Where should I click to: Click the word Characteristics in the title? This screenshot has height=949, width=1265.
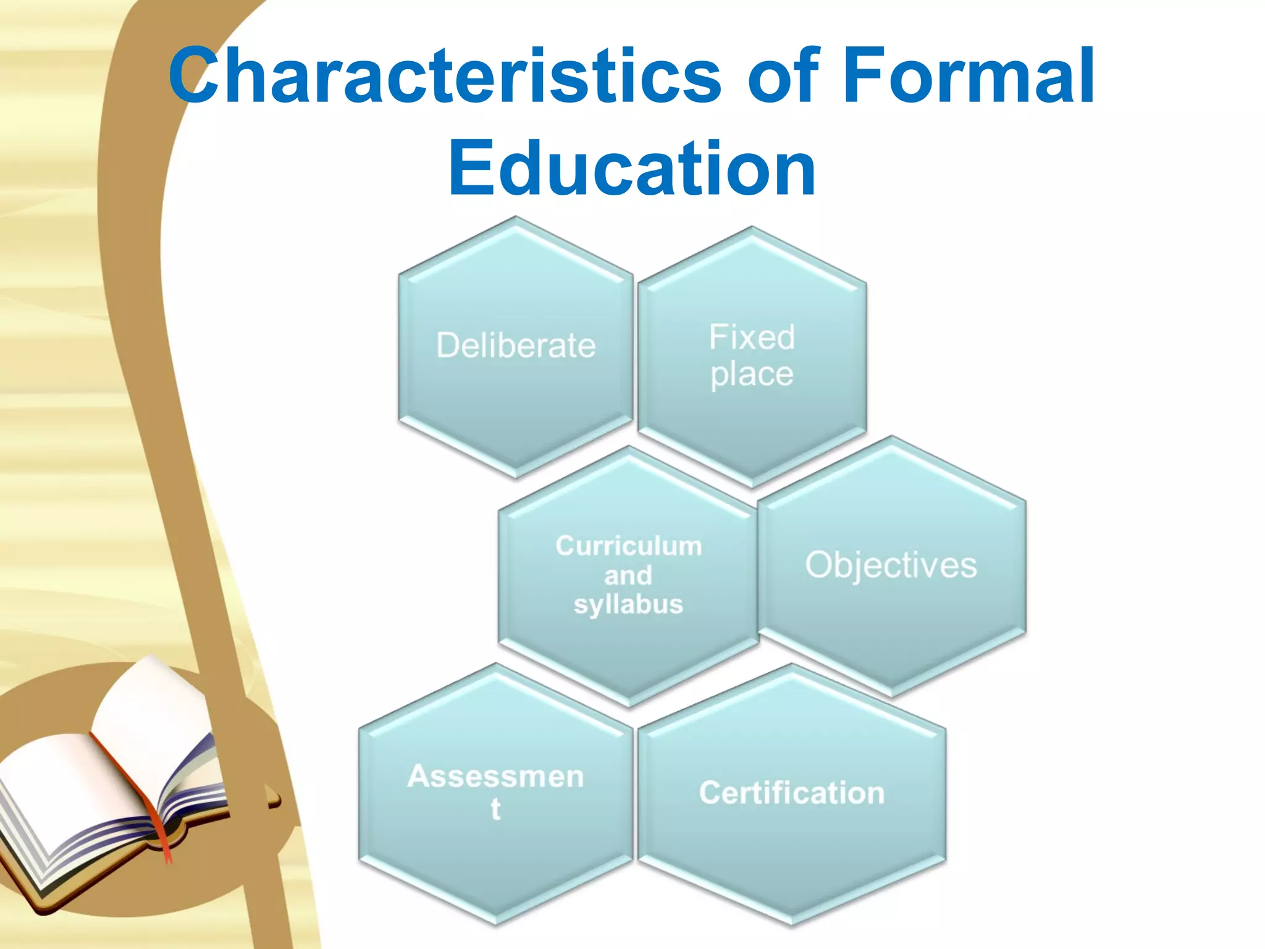[445, 77]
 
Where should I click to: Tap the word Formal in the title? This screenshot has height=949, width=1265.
[970, 77]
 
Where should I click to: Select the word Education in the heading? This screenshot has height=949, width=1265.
[632, 168]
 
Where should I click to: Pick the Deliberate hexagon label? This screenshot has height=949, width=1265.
[516, 345]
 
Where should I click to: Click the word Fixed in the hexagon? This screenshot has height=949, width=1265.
[752, 337]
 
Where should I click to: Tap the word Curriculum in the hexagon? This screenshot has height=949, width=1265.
[629, 546]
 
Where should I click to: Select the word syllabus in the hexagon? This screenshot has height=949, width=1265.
[628, 604]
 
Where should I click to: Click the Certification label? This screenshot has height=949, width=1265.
[792, 793]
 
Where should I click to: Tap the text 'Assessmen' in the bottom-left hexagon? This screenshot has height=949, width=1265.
[495, 777]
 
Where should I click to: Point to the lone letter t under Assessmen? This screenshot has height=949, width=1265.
[495, 809]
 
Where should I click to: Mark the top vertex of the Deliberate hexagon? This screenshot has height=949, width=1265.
[516, 217]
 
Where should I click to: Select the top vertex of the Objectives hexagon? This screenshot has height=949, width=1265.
[891, 437]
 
